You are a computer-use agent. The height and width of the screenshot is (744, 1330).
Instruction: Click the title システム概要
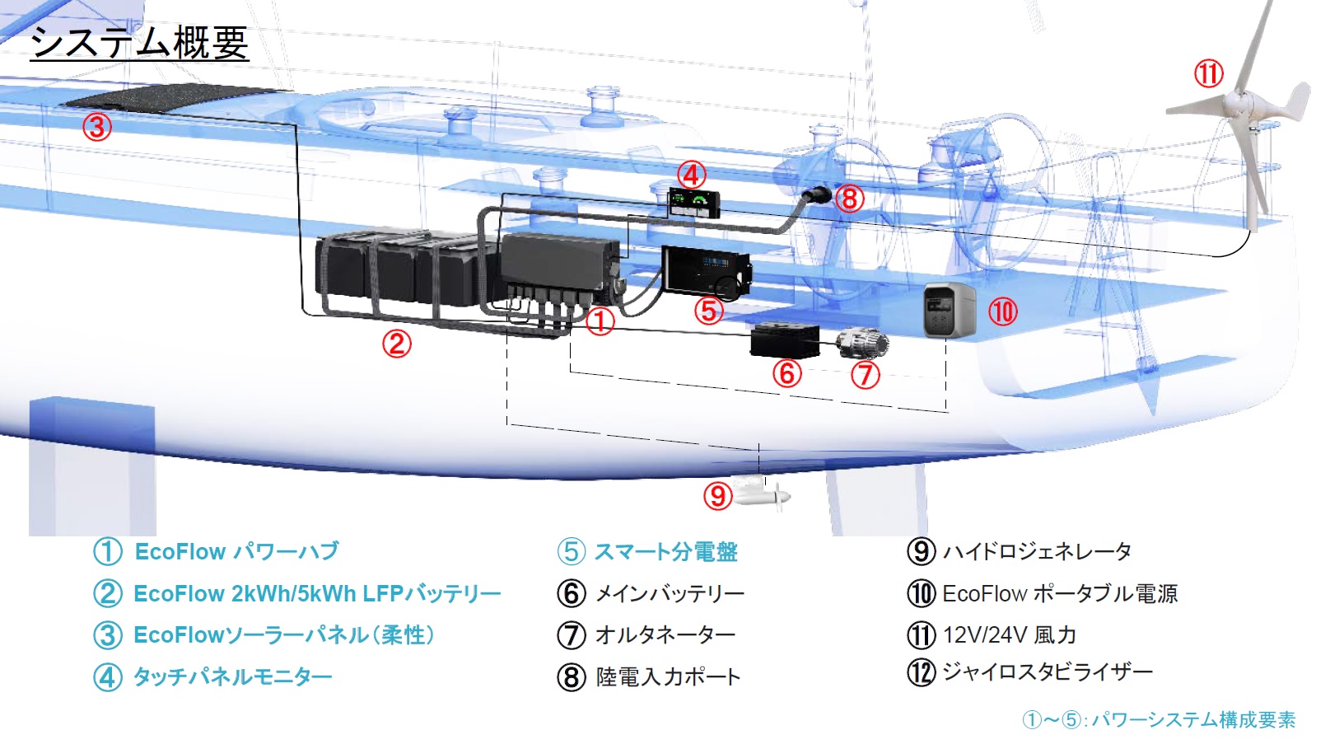139,42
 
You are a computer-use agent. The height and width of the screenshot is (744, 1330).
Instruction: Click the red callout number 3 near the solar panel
97,127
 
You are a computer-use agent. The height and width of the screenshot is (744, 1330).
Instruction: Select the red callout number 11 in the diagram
1208,74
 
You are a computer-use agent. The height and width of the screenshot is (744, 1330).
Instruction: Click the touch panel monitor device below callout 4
693,203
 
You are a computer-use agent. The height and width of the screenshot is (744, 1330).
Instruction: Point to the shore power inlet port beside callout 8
818,196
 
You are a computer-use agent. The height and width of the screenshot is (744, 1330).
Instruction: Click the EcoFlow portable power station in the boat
949,310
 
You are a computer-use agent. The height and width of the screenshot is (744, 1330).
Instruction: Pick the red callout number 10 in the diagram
1002,311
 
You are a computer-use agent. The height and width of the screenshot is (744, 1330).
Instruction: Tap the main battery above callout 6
784,339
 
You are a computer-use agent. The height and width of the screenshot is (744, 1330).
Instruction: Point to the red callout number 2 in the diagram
396,343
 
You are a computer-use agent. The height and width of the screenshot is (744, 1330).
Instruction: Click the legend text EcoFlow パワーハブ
236,551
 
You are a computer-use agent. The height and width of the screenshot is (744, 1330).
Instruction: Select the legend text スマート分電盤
665,551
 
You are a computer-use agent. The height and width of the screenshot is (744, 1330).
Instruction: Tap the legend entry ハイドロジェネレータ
1037,551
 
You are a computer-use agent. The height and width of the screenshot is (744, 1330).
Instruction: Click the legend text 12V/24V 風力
1009,635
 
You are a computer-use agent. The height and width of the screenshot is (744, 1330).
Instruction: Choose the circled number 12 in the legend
922,672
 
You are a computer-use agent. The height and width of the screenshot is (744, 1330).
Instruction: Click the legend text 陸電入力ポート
668,677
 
